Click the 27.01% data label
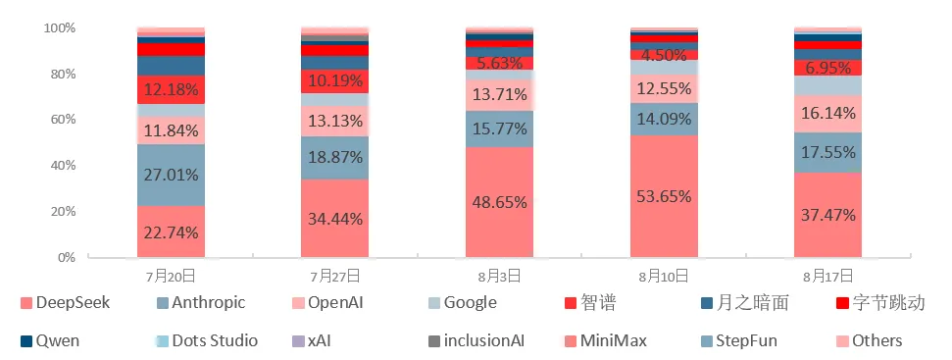click(x=172, y=176)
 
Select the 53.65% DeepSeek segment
click(x=664, y=196)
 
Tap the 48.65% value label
click(x=500, y=201)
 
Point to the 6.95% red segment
click(x=828, y=68)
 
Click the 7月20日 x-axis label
click(x=172, y=277)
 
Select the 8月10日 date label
click(x=664, y=277)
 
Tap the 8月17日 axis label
click(x=828, y=277)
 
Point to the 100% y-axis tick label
click(x=60, y=27)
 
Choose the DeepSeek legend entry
click(x=65, y=303)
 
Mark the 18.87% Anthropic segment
click(x=335, y=157)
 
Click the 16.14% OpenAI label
click(x=828, y=114)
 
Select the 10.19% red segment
click(x=335, y=80)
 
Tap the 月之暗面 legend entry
click(x=745, y=303)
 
